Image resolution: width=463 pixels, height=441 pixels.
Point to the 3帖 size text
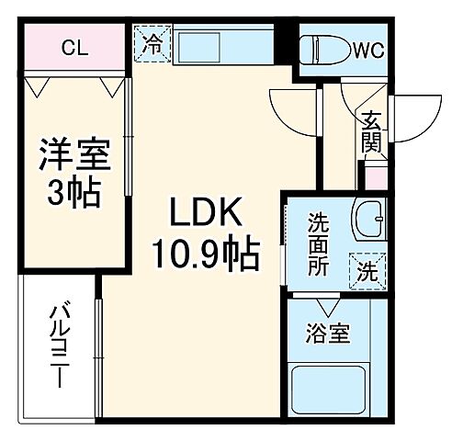click(x=74, y=194)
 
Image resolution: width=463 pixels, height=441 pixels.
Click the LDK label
click(x=206, y=215)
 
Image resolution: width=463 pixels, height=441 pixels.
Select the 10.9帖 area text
click(x=206, y=250)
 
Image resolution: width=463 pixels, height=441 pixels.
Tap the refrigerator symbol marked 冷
click(x=152, y=43)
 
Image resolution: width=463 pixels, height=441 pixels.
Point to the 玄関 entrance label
click(x=371, y=131)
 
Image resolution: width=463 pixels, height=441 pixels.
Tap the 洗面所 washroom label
click(x=318, y=243)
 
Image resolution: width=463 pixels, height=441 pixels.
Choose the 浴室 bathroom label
click(x=328, y=334)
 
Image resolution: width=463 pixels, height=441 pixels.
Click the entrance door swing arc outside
click(x=410, y=114)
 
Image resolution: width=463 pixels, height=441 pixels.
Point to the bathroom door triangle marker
click(x=328, y=306)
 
